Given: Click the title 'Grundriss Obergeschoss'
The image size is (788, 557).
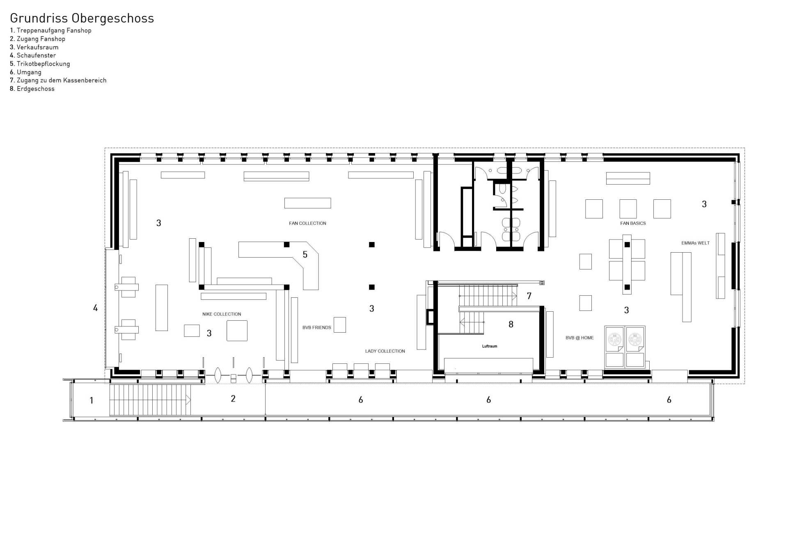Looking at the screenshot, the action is coord(82,18).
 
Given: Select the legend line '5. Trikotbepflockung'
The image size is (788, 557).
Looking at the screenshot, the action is coord(40,64).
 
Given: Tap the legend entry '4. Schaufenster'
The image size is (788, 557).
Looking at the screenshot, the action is coord(33,55).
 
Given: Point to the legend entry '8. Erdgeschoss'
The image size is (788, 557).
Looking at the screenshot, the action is coord(32,89).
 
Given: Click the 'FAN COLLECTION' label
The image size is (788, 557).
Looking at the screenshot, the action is coord(307,223).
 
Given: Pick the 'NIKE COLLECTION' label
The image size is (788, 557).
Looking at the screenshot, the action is coord(222,314).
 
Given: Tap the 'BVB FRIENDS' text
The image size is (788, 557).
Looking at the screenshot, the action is coord(316,327).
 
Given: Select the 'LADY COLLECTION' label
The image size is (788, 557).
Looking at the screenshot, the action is coord(385,351).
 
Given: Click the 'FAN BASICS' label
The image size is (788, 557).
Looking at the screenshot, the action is coord(633,223).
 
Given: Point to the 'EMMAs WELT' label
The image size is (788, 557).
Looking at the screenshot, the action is coord(695,243).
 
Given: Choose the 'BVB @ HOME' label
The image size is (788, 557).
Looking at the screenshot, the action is coord(580,338).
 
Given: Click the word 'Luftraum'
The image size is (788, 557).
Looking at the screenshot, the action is coord(489,346).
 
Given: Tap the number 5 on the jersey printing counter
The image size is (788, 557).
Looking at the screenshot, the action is coord(305,255).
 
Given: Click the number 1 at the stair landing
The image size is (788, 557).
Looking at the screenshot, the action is coord(92,400).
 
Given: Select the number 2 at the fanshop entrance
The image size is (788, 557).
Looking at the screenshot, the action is coord(233,399).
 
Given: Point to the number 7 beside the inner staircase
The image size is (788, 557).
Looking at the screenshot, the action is coord(529,296).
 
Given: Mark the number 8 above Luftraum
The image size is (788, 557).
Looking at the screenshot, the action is coord(511,324).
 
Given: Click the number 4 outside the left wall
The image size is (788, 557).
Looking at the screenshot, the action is coord(95,308).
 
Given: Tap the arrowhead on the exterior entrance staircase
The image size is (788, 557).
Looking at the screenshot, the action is coord(188,399).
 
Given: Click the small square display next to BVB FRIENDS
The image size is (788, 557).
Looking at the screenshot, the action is coord(339,324).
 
